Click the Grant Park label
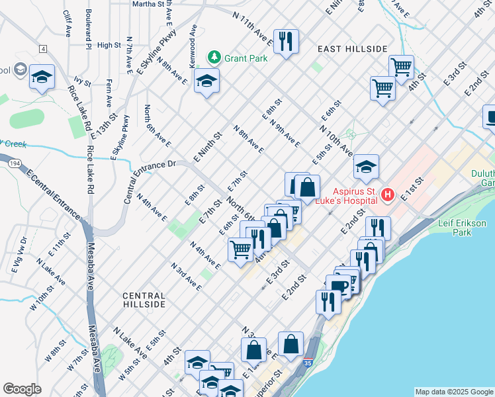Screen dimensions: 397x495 (x=246, y=58)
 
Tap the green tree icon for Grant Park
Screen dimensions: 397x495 (x=214, y=58)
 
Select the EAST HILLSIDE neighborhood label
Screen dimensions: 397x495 (x=351, y=49)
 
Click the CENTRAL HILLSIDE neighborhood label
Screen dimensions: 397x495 (x=144, y=300)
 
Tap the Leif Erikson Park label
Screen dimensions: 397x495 (x=463, y=228)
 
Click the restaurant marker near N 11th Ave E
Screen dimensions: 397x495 (x=286, y=42)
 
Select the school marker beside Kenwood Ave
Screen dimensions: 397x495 (x=206, y=81)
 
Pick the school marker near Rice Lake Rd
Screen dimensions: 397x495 (x=42, y=77)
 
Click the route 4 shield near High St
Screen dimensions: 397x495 (x=43, y=49)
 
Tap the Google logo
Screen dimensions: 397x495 (x=22, y=389)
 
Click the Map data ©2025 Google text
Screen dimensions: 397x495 (x=454, y=392)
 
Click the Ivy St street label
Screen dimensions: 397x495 (x=82, y=81)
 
